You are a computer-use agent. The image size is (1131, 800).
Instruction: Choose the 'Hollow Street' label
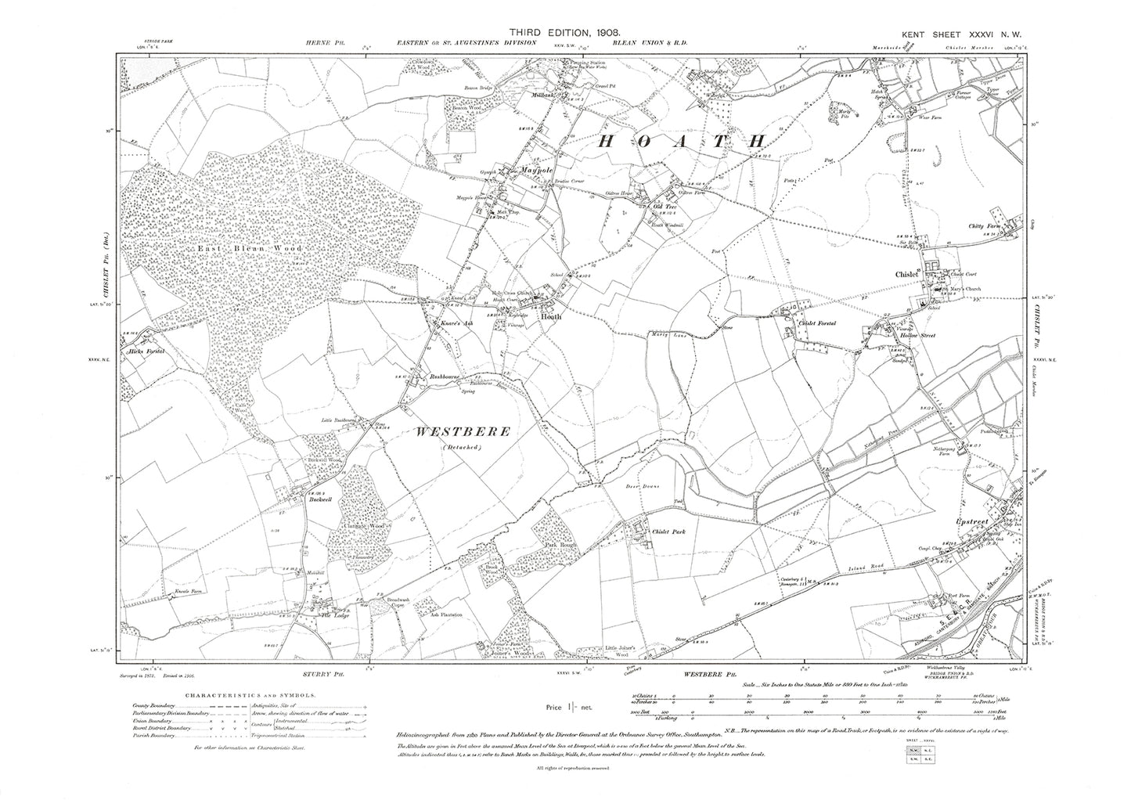click(x=917, y=335)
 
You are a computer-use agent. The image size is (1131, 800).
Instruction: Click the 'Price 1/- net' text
click(x=570, y=708)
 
